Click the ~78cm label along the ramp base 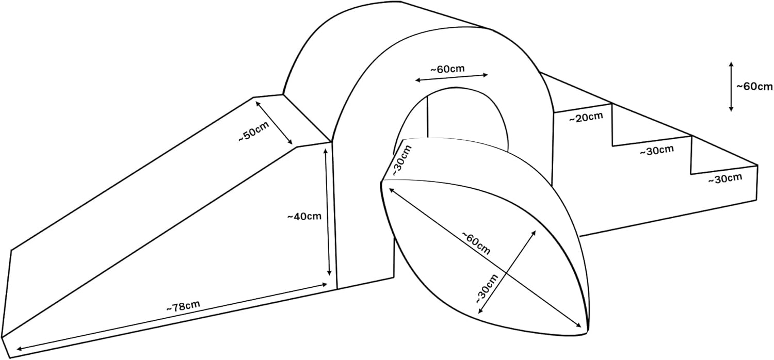coord(183,305)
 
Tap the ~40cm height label coord(304,216)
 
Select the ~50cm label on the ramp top coord(253,135)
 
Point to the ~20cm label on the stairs coord(586,118)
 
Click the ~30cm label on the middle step coord(656,151)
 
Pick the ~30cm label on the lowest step coord(724,179)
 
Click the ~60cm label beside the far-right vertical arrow coord(754,87)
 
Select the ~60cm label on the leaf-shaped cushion coord(475,243)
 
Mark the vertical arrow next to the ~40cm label coord(328,211)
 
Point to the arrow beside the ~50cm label coord(274,123)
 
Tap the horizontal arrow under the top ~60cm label coord(451,78)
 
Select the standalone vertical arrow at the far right coord(731,87)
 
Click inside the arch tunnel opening coord(464,116)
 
